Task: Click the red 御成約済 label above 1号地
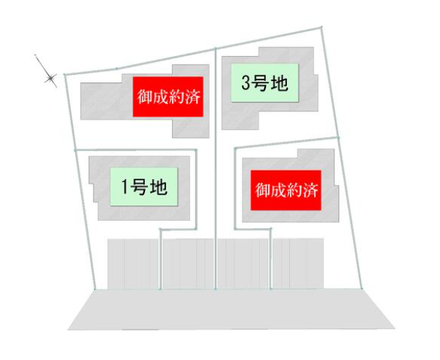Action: click(168, 95)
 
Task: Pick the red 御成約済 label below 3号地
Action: click(286, 191)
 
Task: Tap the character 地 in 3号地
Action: click(280, 84)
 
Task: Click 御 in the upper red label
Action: click(144, 95)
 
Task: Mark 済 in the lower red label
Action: click(310, 192)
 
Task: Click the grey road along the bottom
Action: click(232, 309)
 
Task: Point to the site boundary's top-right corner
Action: click(322, 28)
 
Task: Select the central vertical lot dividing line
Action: click(216, 160)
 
